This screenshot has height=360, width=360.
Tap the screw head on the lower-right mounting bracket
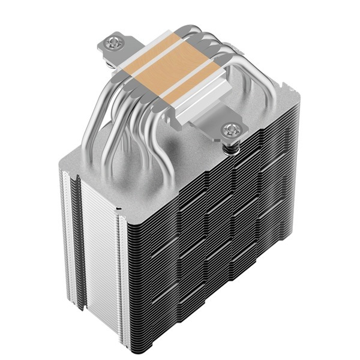click(x=230, y=130)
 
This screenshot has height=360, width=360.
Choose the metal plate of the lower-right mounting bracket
click(x=216, y=123)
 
